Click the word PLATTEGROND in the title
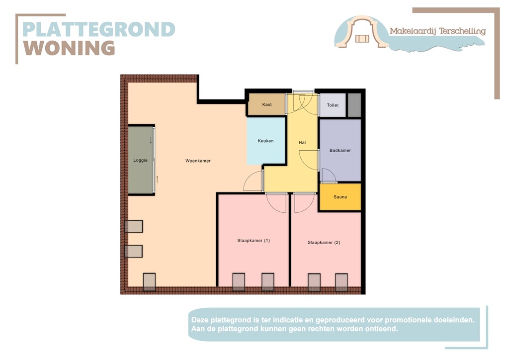(99, 29)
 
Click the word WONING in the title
(70, 48)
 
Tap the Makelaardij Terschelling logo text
(437, 31)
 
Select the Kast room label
(267, 104)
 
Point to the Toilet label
(333, 105)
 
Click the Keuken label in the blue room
(265, 141)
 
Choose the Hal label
(302, 143)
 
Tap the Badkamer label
(340, 150)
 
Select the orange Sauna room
(340, 197)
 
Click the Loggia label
(141, 160)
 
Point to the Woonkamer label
(198, 161)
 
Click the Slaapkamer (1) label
(254, 241)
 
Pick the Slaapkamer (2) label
(324, 243)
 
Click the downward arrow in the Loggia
(151, 141)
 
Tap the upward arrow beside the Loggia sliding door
(157, 179)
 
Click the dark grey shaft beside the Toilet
(354, 105)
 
